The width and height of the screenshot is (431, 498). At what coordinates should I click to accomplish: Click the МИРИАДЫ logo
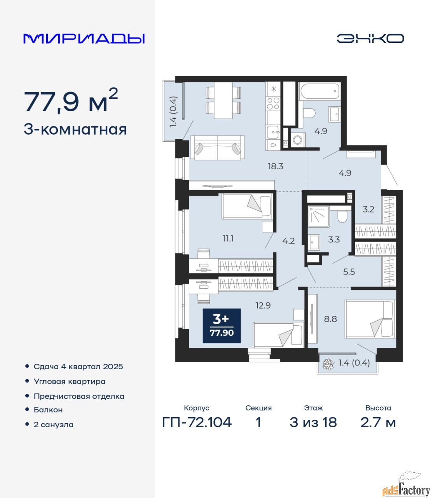84,39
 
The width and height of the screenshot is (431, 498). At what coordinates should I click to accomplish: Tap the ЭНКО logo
370,38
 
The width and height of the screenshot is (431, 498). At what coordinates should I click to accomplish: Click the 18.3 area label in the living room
276,166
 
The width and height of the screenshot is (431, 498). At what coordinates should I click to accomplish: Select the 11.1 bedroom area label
228,239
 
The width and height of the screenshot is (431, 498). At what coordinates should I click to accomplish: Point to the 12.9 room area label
263,305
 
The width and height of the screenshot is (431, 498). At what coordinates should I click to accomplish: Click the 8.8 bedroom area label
330,319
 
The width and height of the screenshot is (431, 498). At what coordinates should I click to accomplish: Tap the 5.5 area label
349,272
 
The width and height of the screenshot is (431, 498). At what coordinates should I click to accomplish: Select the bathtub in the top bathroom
319,91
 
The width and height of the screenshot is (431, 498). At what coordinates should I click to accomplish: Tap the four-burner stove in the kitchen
273,103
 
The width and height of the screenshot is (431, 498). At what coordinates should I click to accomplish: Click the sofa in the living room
217,148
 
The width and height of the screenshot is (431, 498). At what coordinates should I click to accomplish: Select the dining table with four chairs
223,100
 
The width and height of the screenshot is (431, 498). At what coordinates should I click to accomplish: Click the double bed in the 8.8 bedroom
370,319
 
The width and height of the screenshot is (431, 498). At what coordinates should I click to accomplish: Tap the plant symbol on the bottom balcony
328,364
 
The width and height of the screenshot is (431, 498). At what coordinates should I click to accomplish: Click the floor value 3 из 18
313,423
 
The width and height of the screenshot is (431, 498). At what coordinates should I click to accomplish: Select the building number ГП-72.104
197,423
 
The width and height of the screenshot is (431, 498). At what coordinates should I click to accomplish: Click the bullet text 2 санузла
53,424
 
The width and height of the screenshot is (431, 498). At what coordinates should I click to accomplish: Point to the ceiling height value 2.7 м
378,423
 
